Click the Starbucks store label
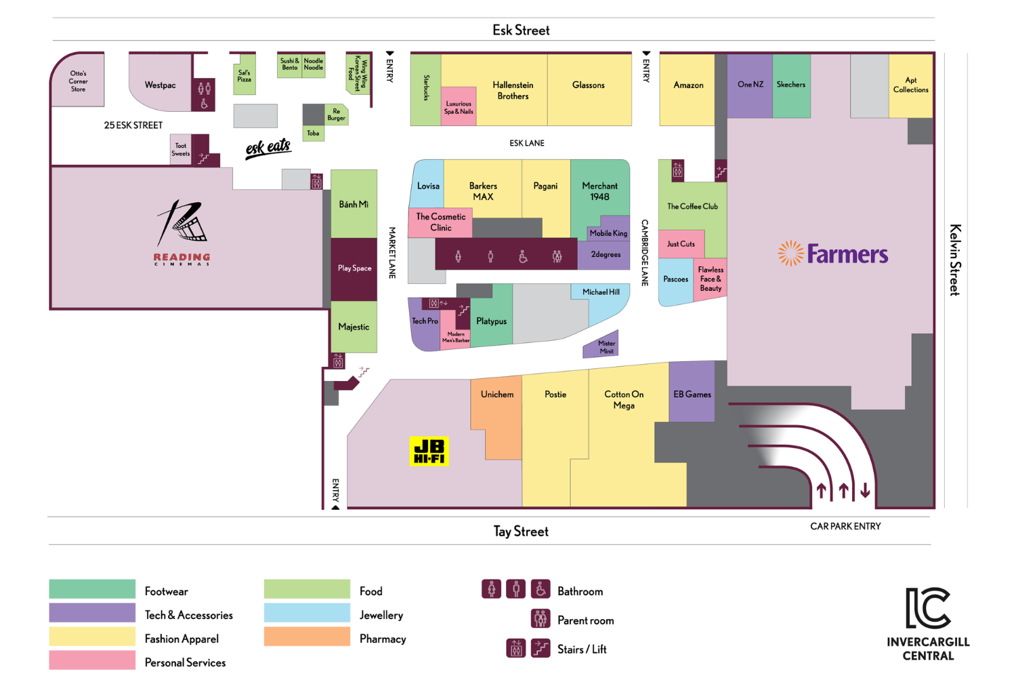(x=426, y=88)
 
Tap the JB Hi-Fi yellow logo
(x=429, y=452)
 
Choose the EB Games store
(x=692, y=394)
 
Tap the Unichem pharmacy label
(x=496, y=395)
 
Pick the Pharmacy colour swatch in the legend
(x=307, y=637)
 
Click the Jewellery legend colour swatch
(x=307, y=614)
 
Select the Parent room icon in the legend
(x=540, y=619)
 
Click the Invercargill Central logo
(x=928, y=624)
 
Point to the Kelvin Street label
(x=955, y=260)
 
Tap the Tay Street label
(x=520, y=531)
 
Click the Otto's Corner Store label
(x=78, y=81)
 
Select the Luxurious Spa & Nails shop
(x=459, y=107)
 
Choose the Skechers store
(x=791, y=85)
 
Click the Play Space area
(x=354, y=268)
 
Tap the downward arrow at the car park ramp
(x=865, y=490)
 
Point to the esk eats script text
(x=268, y=148)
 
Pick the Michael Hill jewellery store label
(x=601, y=292)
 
